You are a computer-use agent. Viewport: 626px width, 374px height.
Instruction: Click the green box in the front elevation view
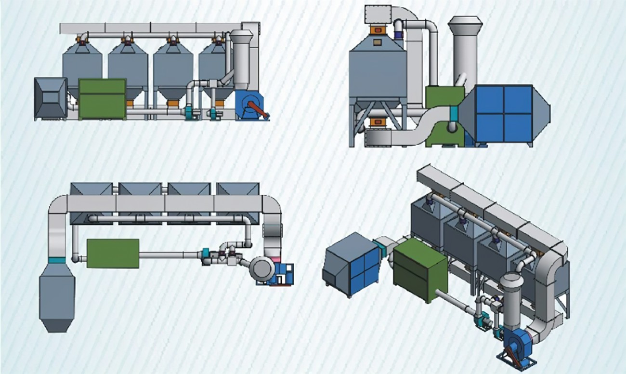[x=102, y=99]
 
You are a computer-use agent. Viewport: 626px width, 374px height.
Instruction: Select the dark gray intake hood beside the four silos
[x=50, y=98]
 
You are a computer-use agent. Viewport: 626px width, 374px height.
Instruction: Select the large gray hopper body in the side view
[x=378, y=72]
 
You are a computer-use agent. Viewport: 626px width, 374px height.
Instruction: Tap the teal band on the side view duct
[x=453, y=114]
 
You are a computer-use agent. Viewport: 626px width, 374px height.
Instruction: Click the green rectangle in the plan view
[x=113, y=253]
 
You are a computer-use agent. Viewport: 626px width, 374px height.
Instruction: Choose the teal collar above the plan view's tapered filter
[x=57, y=260]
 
